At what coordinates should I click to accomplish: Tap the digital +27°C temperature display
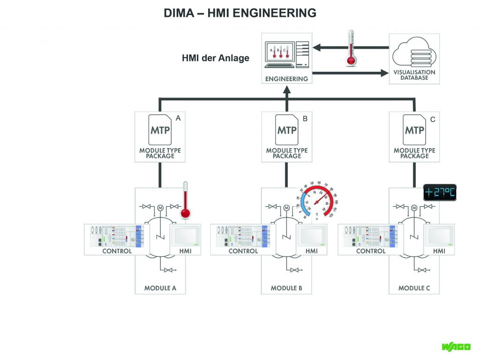[x=440, y=193]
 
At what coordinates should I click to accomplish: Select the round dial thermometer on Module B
[x=317, y=200]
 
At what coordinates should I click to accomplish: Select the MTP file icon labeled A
[x=160, y=129]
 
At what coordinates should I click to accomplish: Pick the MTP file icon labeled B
[x=287, y=129]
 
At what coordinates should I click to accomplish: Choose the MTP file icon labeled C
[x=414, y=129]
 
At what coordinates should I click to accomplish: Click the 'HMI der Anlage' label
[x=216, y=59]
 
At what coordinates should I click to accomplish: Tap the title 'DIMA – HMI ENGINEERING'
[x=240, y=13]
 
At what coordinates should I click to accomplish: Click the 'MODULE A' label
[x=160, y=288]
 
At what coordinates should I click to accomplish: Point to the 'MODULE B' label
[x=287, y=288]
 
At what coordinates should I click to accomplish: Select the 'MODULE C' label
[x=414, y=288]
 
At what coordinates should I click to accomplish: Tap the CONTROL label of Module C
[x=371, y=251]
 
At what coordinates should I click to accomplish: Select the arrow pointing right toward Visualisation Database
[x=349, y=73]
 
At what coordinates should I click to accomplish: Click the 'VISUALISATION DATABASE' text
[x=414, y=75]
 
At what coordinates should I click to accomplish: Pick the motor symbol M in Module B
[x=286, y=208]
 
